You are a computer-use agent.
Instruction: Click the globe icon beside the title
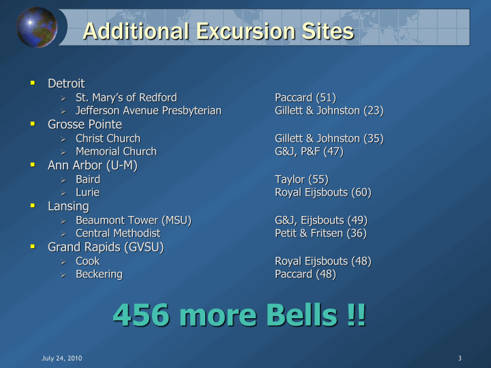pos(37,27)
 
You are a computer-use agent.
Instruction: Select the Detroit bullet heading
pos(66,84)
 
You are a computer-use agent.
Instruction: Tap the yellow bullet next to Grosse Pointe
pos(33,124)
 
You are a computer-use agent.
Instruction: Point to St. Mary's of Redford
pos(126,97)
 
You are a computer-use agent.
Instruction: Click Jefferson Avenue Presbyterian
pos(149,110)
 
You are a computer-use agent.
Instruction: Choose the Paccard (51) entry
pos(306,97)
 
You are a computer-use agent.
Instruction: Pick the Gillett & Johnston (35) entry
pos(329,138)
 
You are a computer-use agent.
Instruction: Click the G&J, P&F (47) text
pos(309,151)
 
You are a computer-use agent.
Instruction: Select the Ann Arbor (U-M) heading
pos(93,165)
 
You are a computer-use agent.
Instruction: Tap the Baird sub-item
pos(88,179)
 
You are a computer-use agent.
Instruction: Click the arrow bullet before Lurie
pos(63,194)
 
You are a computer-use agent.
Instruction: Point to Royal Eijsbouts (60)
pos(323,192)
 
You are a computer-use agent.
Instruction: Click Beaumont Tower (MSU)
pos(134,220)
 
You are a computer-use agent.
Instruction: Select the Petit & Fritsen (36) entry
pos(321,233)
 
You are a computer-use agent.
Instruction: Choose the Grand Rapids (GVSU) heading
pos(106,247)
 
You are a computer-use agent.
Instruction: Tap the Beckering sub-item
pos(100,274)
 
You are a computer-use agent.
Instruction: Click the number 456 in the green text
pos(141,314)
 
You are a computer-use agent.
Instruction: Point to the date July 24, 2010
pos(62,358)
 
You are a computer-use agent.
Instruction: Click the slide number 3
pos(460,358)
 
